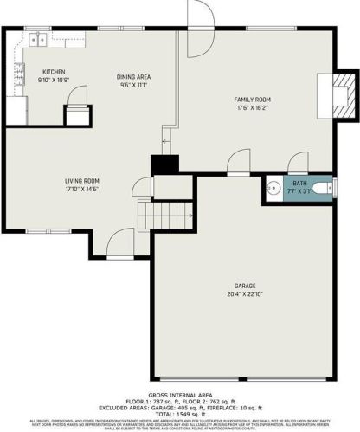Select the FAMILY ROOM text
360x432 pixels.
(x=253, y=100)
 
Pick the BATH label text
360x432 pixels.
(x=299, y=184)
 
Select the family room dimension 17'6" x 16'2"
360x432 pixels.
(x=253, y=109)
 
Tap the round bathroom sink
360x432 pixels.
(x=273, y=188)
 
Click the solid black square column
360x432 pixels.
(x=164, y=164)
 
